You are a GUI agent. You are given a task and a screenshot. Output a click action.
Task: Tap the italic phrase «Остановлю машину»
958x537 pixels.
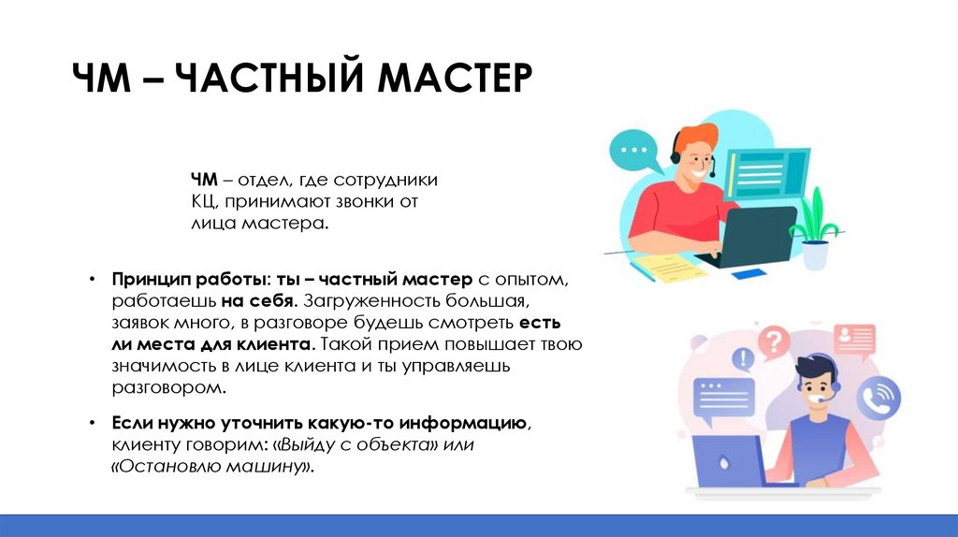[212, 466]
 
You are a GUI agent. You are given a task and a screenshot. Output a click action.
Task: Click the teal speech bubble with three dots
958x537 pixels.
[637, 151]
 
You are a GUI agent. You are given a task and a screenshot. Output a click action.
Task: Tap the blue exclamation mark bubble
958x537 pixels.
[744, 357]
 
